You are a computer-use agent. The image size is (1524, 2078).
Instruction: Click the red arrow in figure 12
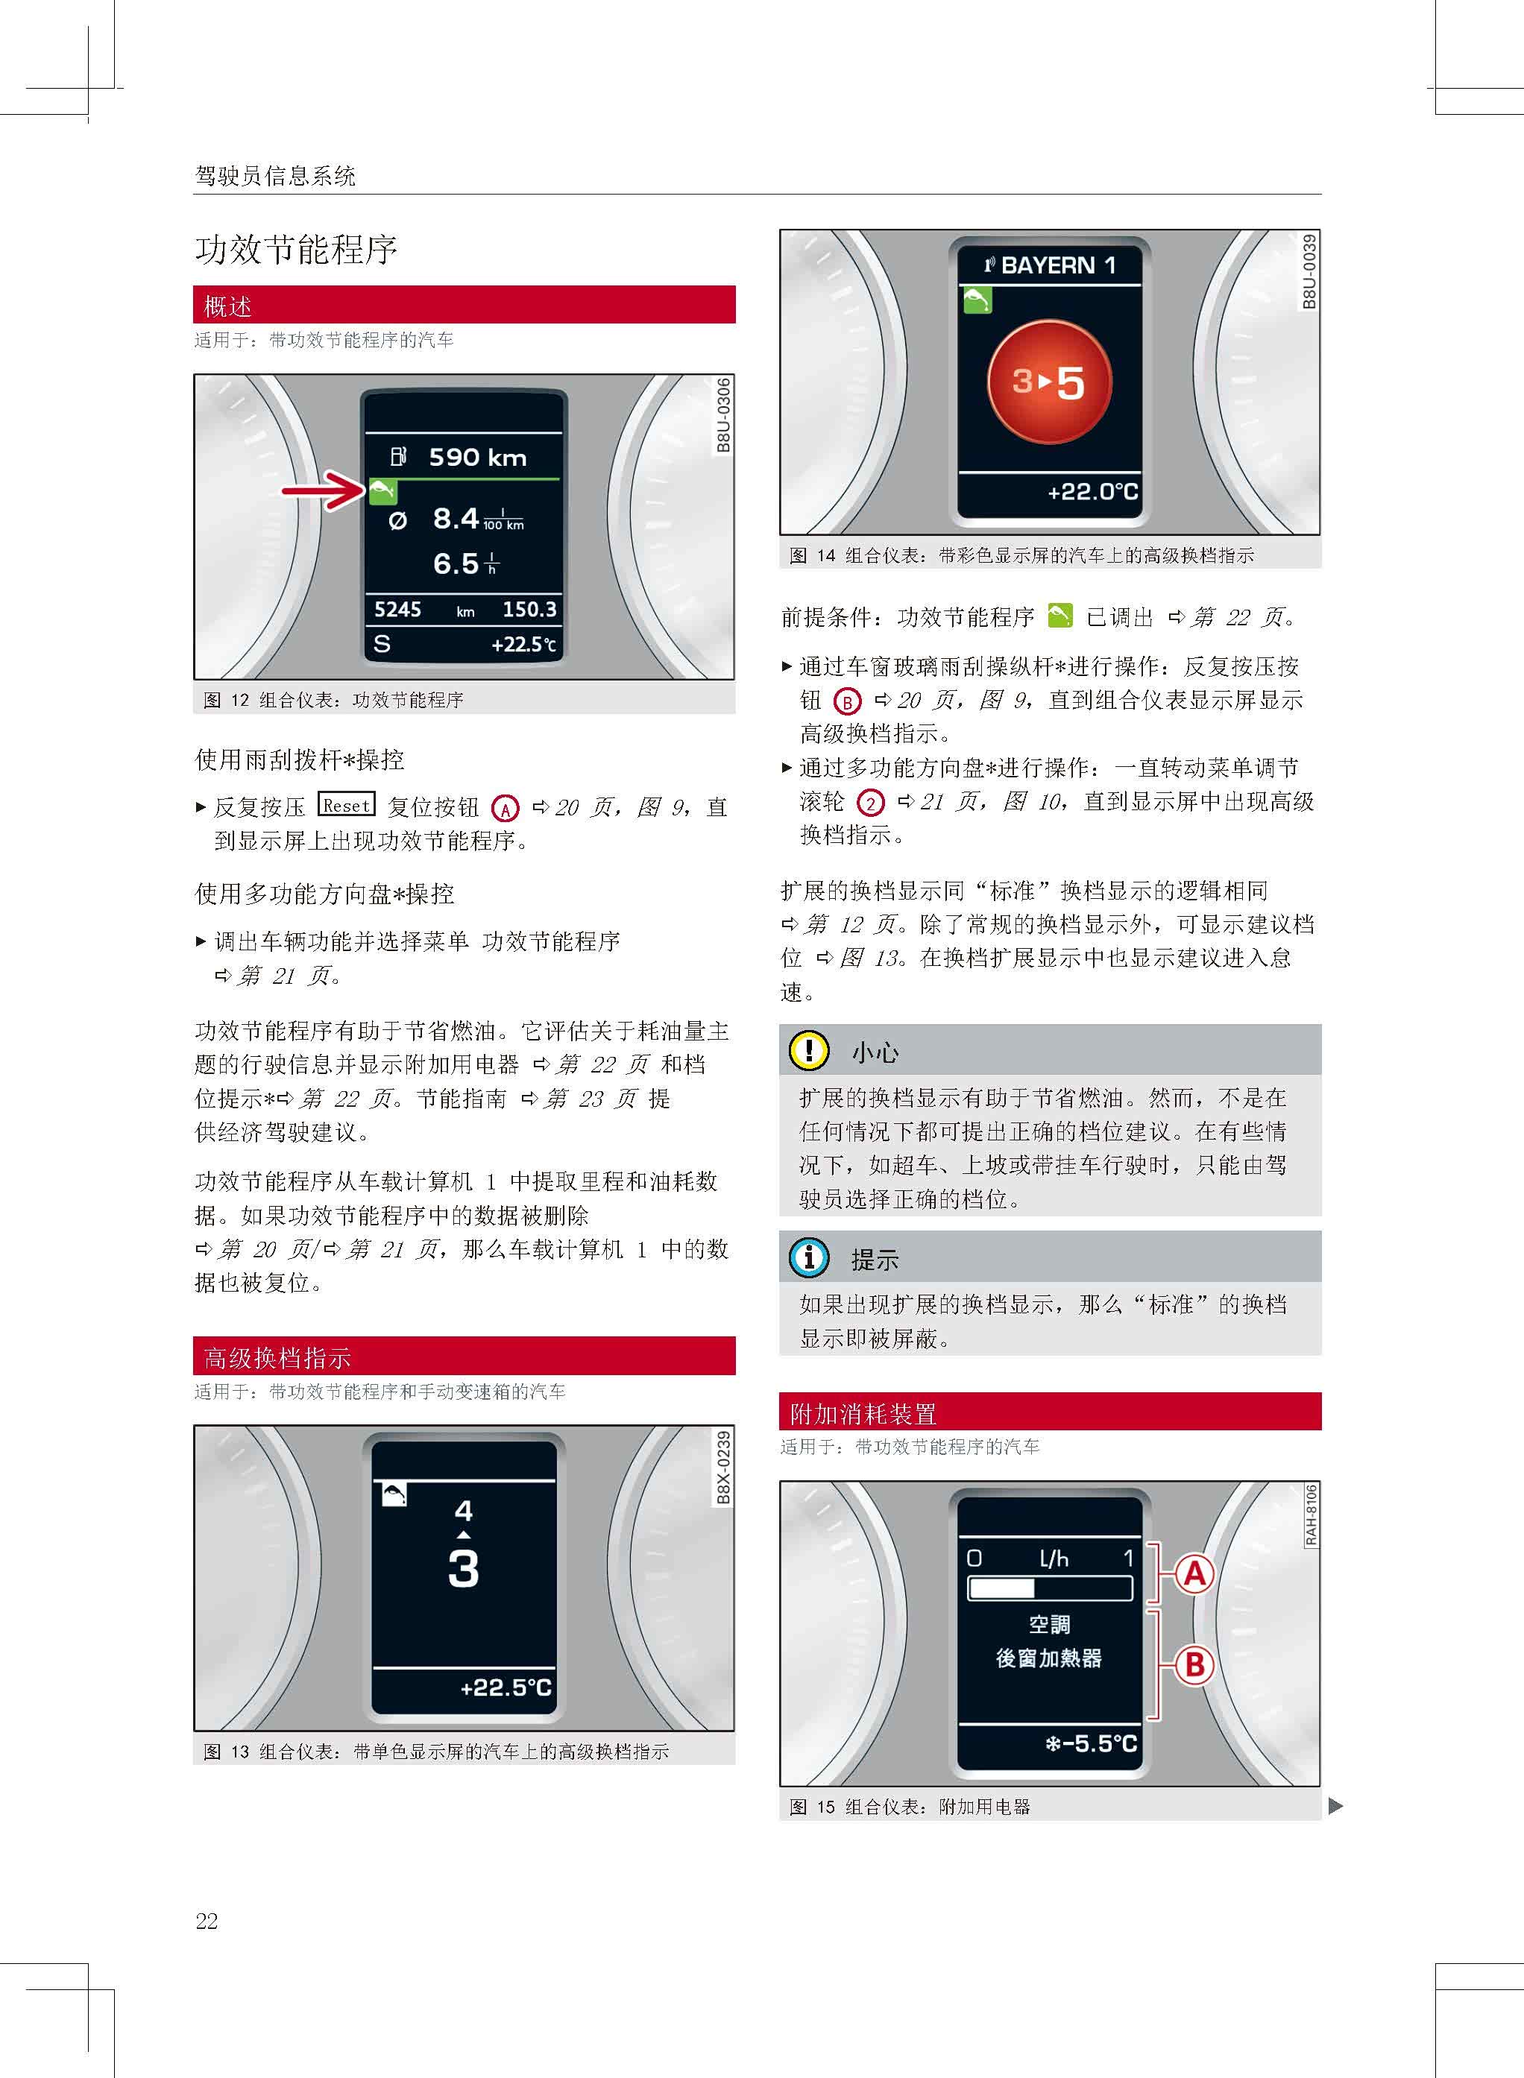coord(323,490)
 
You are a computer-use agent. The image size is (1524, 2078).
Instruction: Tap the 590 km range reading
coord(477,458)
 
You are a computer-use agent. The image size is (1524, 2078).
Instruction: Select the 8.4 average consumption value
coord(456,518)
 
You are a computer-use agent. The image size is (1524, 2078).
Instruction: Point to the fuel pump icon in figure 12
coord(397,457)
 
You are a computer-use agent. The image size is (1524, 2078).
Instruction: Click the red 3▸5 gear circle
coord(1049,382)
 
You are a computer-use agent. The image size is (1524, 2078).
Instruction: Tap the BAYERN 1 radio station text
coord(1057,265)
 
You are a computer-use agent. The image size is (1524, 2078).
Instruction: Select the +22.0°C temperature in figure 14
coord(1092,492)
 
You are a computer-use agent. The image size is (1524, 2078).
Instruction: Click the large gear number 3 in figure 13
coord(463,1568)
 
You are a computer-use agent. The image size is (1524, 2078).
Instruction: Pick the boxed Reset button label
coord(346,805)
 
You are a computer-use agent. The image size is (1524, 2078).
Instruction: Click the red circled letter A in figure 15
coord(1194,1573)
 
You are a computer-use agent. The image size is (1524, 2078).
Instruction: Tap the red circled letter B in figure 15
coord(1194,1665)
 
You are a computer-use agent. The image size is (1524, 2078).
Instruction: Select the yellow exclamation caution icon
coord(809,1050)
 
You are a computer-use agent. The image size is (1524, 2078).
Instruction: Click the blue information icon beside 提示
coord(809,1257)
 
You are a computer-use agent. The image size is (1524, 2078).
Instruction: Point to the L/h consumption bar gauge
coord(1049,1588)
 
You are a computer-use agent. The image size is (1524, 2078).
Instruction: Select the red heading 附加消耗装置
coord(863,1413)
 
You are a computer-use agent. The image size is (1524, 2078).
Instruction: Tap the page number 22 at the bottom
coord(207,1921)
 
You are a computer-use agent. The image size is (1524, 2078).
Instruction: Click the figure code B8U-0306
coord(723,415)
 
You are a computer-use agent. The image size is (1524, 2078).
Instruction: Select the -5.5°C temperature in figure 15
coord(1092,1743)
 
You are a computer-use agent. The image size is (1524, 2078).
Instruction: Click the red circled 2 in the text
coord(870,803)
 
